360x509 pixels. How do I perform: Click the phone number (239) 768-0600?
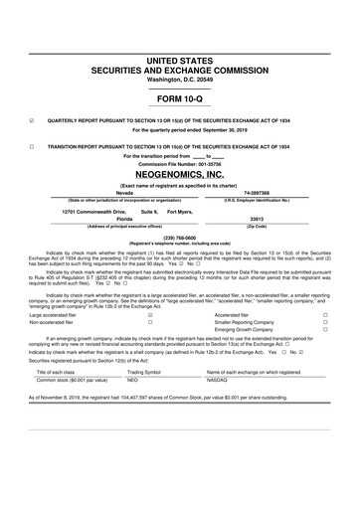[x=179, y=237]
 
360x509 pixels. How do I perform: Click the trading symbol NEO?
[x=133, y=352]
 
